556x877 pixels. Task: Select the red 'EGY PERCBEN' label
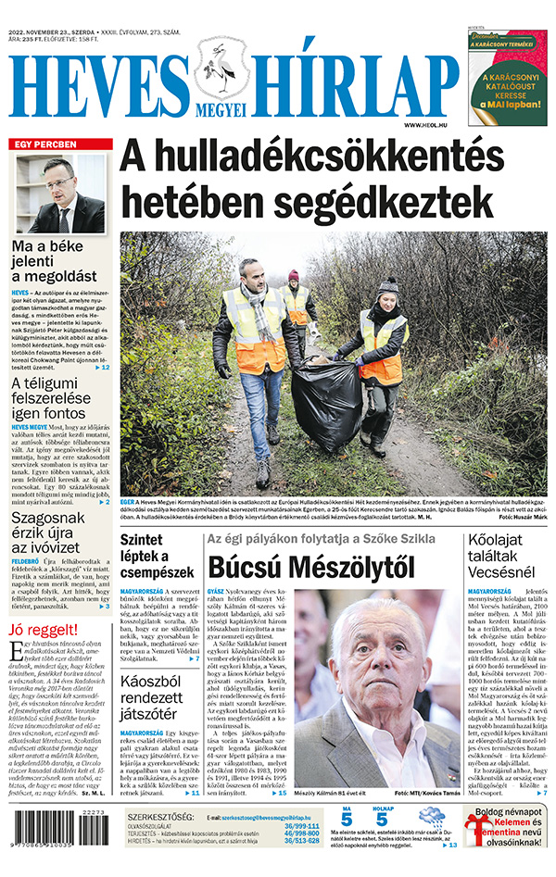(x=44, y=145)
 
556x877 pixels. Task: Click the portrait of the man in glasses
(x=60, y=194)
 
